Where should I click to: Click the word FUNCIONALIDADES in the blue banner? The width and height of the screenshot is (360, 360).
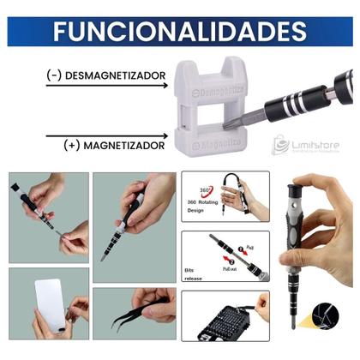pyautogui.click(x=179, y=31)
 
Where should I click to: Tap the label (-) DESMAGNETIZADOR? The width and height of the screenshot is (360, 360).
pyautogui.click(x=106, y=75)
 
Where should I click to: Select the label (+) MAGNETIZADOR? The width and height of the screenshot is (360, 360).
pyautogui.click(x=113, y=145)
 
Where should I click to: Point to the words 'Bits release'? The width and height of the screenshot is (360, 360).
pyautogui.click(x=196, y=274)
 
